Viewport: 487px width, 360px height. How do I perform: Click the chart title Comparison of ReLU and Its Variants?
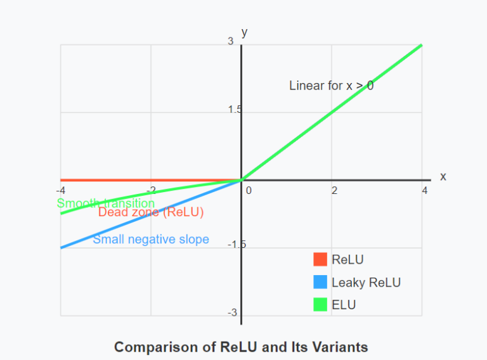tap(241, 347)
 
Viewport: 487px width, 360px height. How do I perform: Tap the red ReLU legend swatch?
tap(320, 259)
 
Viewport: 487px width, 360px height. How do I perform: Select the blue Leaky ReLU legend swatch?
tap(320, 282)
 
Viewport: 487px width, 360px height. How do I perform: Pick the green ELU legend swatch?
tap(320, 305)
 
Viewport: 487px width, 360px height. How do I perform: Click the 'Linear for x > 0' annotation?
tap(331, 86)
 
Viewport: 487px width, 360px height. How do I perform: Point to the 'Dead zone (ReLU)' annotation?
tap(151, 213)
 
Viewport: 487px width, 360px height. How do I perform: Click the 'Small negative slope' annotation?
tap(151, 240)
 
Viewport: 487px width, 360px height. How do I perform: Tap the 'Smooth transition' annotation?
tap(106, 203)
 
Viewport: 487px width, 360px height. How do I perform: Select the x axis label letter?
tap(443, 177)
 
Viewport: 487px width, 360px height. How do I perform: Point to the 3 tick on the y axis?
tap(231, 41)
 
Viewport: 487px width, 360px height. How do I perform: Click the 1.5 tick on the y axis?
tap(235, 110)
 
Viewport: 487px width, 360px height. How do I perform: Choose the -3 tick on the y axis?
tap(232, 312)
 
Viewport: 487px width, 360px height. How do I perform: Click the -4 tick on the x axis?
tap(60, 190)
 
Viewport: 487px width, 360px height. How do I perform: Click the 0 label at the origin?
tap(249, 190)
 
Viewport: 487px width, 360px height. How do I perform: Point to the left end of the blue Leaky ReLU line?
tap(61, 248)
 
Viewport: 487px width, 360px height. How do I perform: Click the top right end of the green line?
tap(422, 45)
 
